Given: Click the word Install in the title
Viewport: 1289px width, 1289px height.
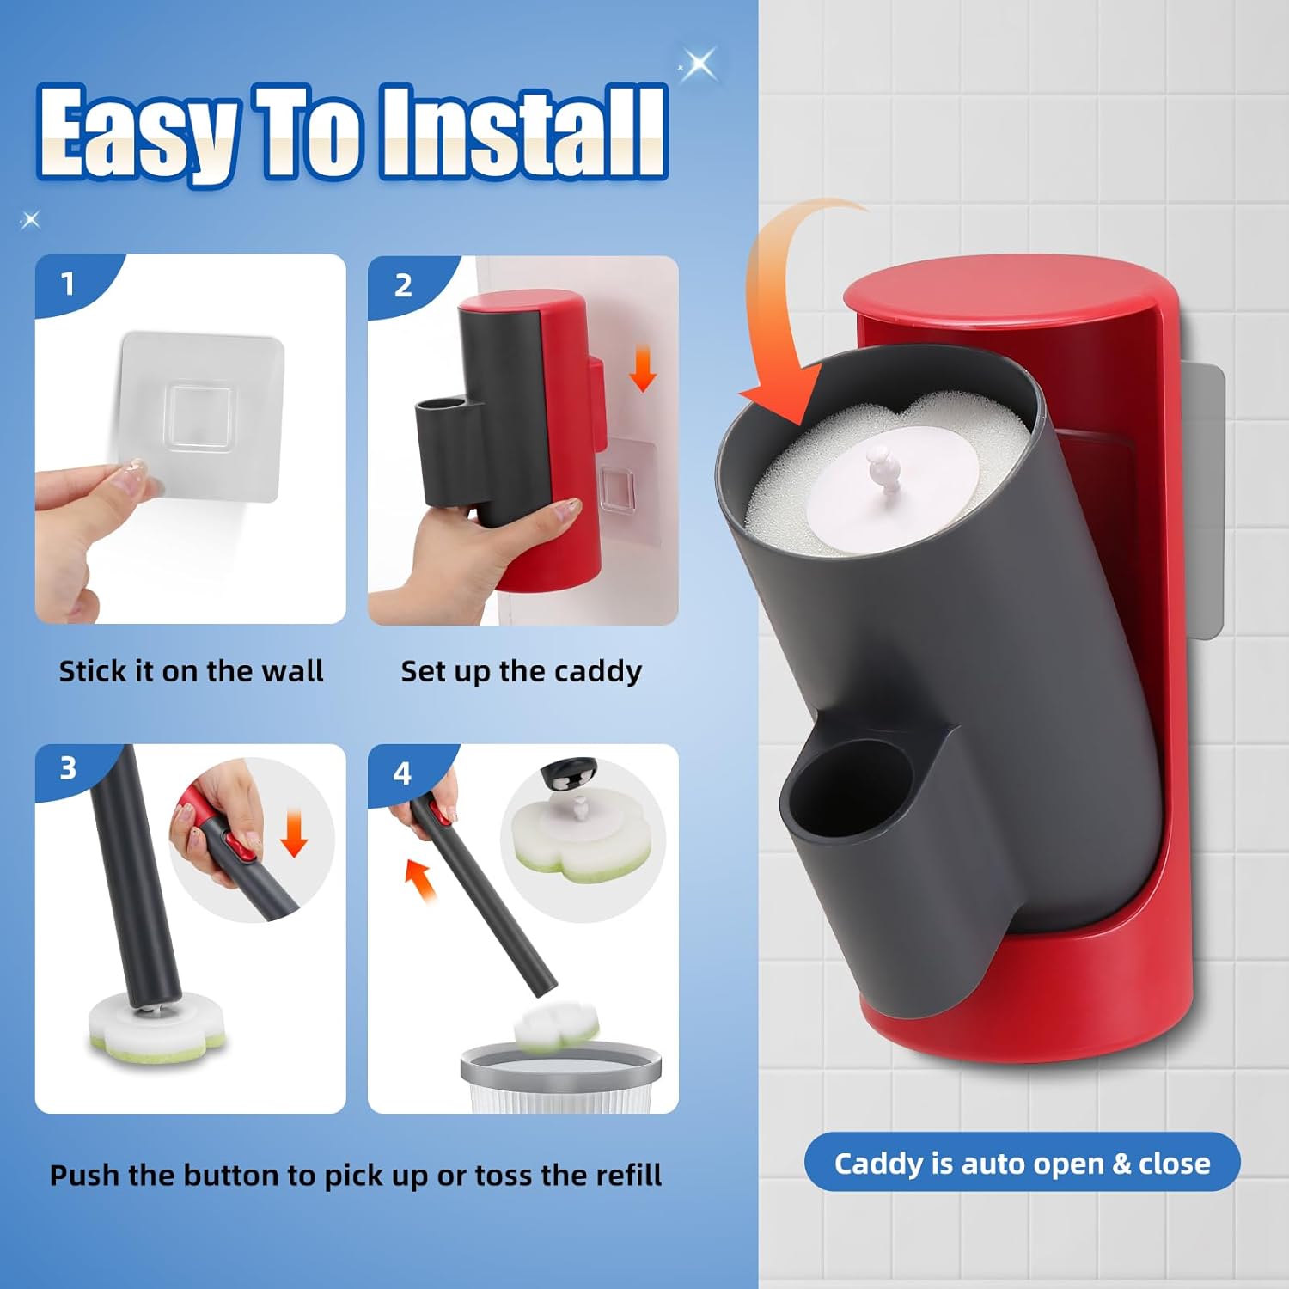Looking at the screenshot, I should point(523,131).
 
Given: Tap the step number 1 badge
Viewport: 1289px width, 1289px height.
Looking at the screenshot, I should point(68,284).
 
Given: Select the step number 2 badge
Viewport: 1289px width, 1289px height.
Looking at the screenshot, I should point(402,285).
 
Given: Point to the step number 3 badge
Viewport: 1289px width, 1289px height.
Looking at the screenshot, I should point(68,767).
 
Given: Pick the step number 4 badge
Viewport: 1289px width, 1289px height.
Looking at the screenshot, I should point(401,773).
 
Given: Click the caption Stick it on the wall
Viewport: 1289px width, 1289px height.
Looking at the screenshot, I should point(191,670).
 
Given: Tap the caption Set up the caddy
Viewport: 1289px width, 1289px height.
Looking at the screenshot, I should point(521,670).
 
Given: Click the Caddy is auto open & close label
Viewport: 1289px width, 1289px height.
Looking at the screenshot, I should point(1022,1163).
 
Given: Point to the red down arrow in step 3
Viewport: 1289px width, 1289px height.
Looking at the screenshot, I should point(294,834).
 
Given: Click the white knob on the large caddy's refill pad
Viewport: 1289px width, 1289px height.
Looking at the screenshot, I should point(883,468).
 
